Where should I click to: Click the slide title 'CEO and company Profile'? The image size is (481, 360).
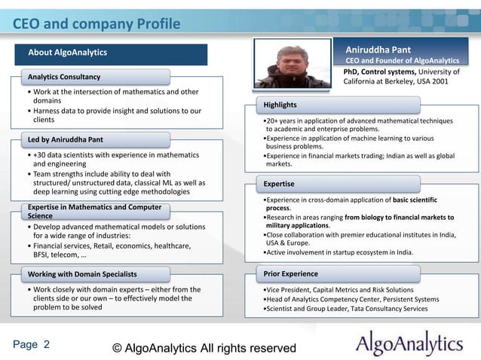click(97, 24)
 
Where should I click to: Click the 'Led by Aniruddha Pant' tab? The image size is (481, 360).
click(66, 139)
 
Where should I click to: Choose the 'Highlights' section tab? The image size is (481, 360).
click(280, 104)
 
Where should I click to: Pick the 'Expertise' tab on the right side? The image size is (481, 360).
click(278, 183)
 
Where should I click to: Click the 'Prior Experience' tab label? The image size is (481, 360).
click(291, 273)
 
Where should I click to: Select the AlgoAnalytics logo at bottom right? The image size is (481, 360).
click(409, 344)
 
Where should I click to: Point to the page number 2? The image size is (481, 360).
click(47, 345)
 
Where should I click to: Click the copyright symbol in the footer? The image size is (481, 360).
click(117, 347)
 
